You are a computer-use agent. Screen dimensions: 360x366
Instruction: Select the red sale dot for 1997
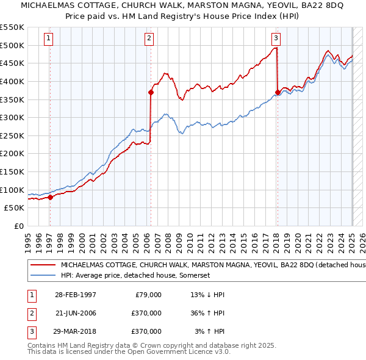pyautogui.click(x=50, y=197)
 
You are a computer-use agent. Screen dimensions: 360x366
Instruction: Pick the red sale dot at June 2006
pyautogui.click(x=150, y=92)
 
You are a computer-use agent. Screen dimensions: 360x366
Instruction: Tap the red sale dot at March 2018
pyautogui.click(x=277, y=92)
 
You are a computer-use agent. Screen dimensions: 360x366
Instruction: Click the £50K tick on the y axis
pyautogui.click(x=15, y=208)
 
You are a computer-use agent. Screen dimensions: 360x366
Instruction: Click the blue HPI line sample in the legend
pyautogui.click(x=42, y=276)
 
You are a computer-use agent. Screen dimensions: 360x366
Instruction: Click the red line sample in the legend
pyautogui.click(x=42, y=265)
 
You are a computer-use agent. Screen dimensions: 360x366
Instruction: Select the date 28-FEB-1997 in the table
pyautogui.click(x=75, y=295)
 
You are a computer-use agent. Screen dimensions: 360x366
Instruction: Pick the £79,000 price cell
pyautogui.click(x=148, y=295)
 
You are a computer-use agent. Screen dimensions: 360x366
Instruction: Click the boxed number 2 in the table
pyautogui.click(x=30, y=313)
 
